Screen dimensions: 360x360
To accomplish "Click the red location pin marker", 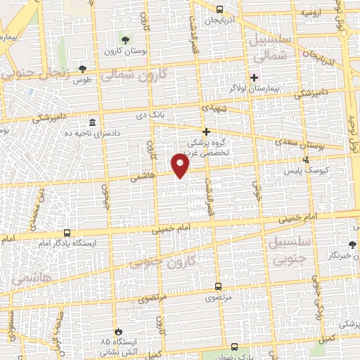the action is click(181, 167).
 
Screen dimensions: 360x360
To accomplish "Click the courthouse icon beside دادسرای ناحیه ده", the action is click(93, 122).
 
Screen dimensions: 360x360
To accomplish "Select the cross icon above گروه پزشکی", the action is click(206, 131).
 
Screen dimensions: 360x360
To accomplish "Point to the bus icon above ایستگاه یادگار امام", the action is click(67, 232).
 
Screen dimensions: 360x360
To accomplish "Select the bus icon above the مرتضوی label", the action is click(218, 286).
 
